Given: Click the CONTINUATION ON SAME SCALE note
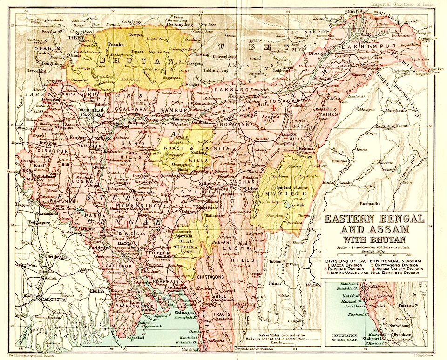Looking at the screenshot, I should [x=344, y=337].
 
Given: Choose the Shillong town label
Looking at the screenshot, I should [x=192, y=152].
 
